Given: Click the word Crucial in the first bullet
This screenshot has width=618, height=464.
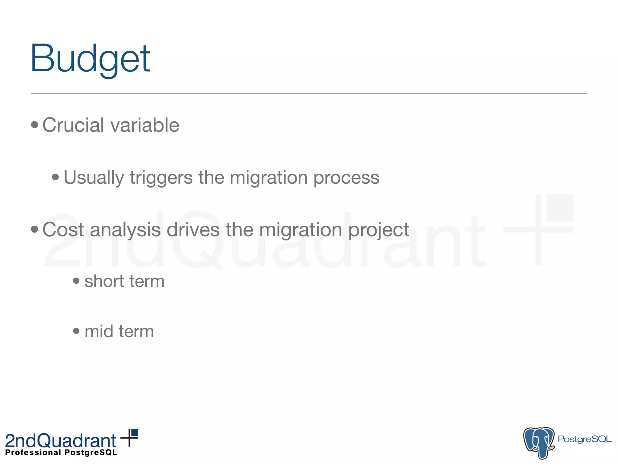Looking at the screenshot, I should pyautogui.click(x=73, y=125).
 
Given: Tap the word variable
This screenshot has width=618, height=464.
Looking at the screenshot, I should pyautogui.click(x=145, y=125).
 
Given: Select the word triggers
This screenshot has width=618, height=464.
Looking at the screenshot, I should pyautogui.click(x=161, y=178).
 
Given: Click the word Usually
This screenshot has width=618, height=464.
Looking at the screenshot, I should pyautogui.click(x=94, y=178).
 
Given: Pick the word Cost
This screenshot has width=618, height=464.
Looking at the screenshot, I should pyautogui.click(x=63, y=230).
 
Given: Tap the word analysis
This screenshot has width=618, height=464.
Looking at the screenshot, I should pyautogui.click(x=125, y=230).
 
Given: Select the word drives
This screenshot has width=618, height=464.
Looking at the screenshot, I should pyautogui.click(x=193, y=230).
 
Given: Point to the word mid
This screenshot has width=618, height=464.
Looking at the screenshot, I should pyautogui.click(x=99, y=331).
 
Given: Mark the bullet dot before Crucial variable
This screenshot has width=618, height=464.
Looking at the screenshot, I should pyautogui.click(x=35, y=125).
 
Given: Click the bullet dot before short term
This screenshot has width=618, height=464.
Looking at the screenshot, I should pyautogui.click(x=76, y=281).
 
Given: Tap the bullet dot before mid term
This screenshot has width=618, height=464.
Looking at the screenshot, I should pyautogui.click(x=76, y=331).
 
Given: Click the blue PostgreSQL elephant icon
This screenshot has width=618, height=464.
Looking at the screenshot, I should pyautogui.click(x=539, y=443).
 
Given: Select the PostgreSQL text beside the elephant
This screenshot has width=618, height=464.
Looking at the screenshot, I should pyautogui.click(x=585, y=439).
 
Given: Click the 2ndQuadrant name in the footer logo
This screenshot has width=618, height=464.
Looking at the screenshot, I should pyautogui.click(x=61, y=441).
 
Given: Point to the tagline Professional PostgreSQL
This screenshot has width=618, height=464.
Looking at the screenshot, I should pyautogui.click(x=61, y=453).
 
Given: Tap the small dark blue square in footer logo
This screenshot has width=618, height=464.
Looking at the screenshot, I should pyautogui.click(x=135, y=433).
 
